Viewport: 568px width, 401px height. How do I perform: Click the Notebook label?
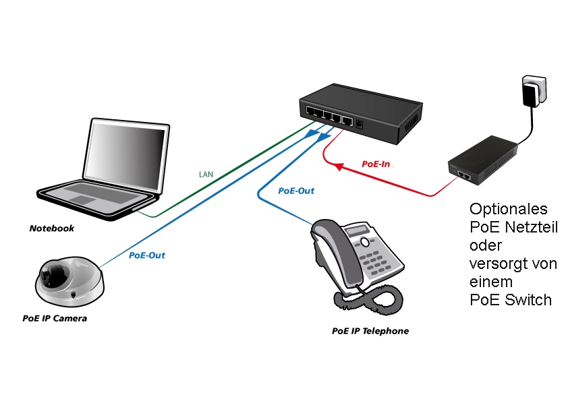[x=52, y=228]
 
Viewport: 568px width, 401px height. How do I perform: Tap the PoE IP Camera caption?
[x=55, y=319]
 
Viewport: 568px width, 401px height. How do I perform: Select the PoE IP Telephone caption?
[x=370, y=331]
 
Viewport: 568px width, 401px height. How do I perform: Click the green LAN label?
[x=206, y=175]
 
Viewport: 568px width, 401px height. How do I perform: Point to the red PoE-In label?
[x=376, y=164]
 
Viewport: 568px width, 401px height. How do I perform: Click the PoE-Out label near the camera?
[x=146, y=255]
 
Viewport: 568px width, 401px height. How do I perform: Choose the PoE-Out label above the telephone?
[x=296, y=191]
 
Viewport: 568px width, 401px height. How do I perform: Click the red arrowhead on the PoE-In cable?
[x=339, y=166]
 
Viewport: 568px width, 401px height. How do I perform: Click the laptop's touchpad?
[x=83, y=199]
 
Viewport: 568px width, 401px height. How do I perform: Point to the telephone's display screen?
[x=357, y=230]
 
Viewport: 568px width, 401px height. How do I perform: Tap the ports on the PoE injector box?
[x=464, y=176]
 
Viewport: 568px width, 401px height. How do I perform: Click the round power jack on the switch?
[x=360, y=124]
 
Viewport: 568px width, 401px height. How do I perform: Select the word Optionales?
[x=508, y=209]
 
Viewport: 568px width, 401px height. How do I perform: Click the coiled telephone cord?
[x=368, y=299]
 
